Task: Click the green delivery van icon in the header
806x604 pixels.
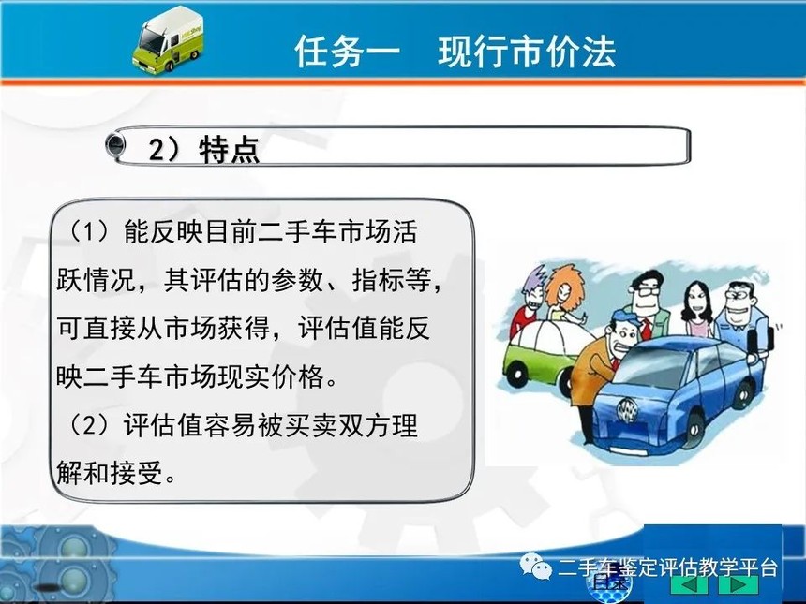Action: point(168,40)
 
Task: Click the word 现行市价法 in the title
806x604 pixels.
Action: point(527,52)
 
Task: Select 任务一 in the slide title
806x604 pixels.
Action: point(348,52)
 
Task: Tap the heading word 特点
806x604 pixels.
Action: point(230,150)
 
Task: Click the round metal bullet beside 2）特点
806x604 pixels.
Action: point(115,144)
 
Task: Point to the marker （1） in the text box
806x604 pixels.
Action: point(91,231)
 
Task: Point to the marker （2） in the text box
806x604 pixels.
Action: point(91,425)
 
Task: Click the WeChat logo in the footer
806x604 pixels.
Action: point(535,566)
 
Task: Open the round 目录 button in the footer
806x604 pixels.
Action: point(609,584)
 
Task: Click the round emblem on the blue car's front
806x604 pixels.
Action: point(627,409)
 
